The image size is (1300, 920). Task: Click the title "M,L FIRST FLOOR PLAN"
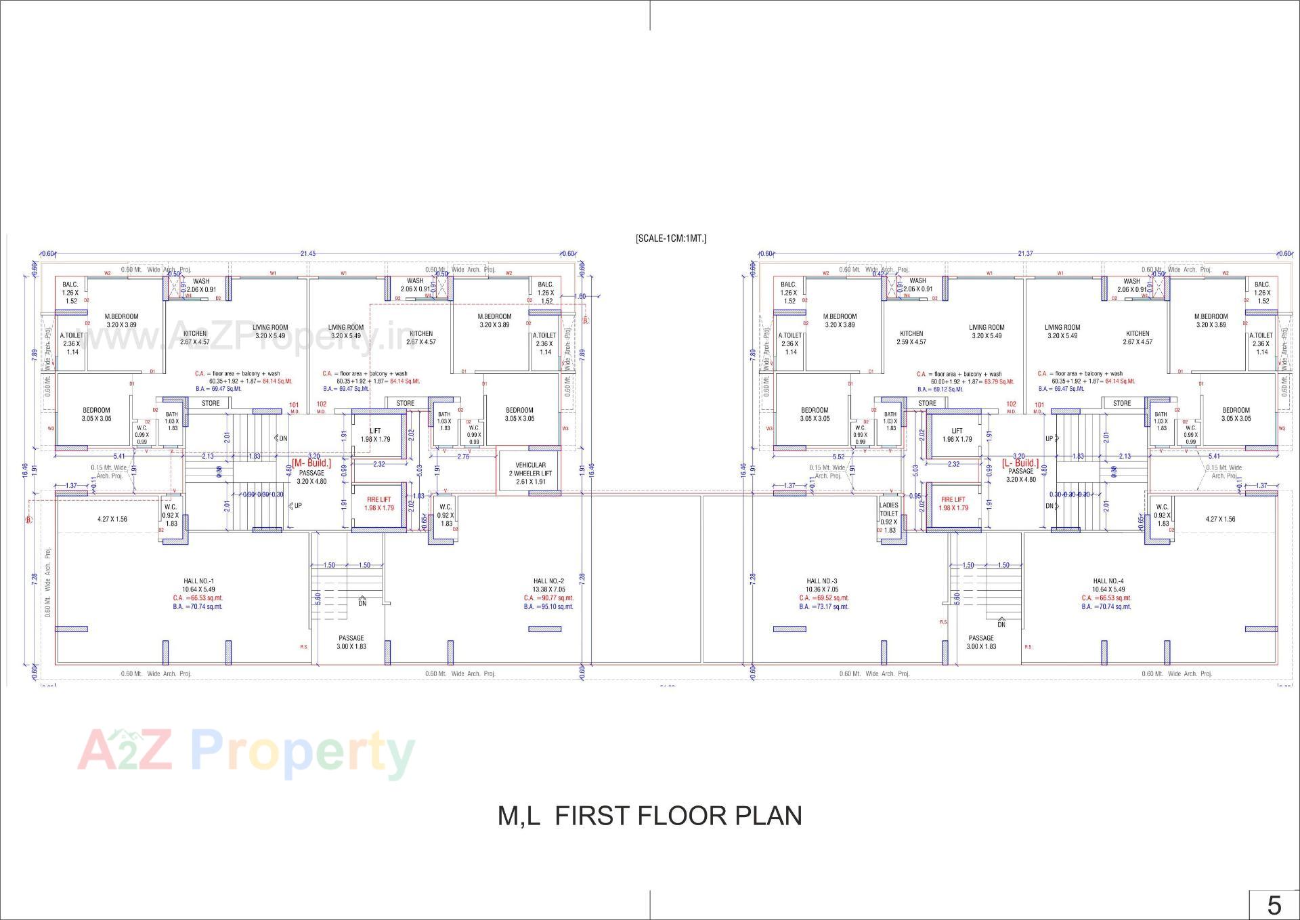click(x=649, y=816)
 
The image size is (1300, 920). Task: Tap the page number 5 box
click(x=1274, y=905)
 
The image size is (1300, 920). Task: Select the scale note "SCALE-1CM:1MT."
click(x=670, y=238)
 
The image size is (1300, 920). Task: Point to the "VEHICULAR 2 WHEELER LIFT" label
click(x=530, y=473)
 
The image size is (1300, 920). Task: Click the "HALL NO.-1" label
click(x=198, y=581)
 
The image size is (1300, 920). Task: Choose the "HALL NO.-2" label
click(x=548, y=581)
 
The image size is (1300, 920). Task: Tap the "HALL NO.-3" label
click(x=822, y=581)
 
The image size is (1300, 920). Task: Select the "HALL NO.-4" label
click(x=1108, y=581)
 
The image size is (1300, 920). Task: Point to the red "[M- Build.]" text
click(x=311, y=463)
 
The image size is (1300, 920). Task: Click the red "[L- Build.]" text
click(x=1020, y=463)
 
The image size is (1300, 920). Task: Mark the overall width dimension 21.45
click(x=308, y=254)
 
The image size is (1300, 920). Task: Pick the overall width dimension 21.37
click(x=1025, y=254)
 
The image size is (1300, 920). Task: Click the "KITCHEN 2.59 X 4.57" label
click(x=911, y=337)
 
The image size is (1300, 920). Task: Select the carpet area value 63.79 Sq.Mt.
click(x=999, y=381)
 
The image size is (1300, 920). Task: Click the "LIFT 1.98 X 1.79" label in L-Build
click(x=957, y=435)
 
